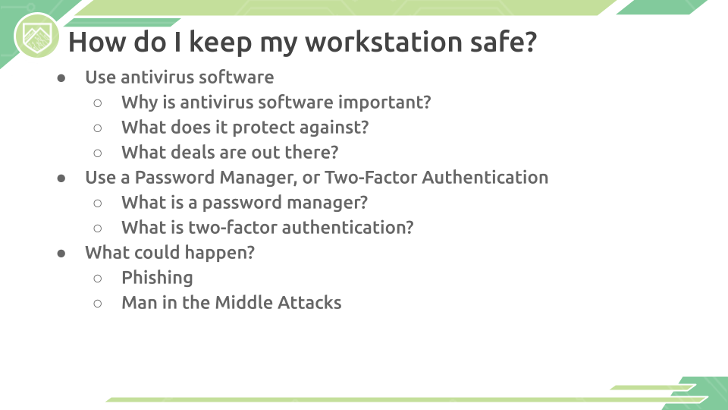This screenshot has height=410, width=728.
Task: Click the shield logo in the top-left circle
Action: pos(36,36)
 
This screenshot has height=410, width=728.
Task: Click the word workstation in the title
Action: pos(384,41)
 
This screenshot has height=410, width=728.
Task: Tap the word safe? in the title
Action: pos(504,41)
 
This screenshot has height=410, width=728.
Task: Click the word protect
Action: pos(263,128)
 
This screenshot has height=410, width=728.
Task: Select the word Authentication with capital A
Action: pos(485,177)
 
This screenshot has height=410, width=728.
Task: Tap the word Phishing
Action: pos(157,278)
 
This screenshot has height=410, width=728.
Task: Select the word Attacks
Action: pos(309,303)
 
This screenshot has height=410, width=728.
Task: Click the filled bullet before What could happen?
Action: pos(61,254)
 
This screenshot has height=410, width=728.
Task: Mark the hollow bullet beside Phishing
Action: pos(98,279)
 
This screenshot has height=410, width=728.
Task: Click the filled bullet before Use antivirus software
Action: pos(61,78)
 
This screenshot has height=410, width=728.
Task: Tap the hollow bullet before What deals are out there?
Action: pos(98,153)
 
